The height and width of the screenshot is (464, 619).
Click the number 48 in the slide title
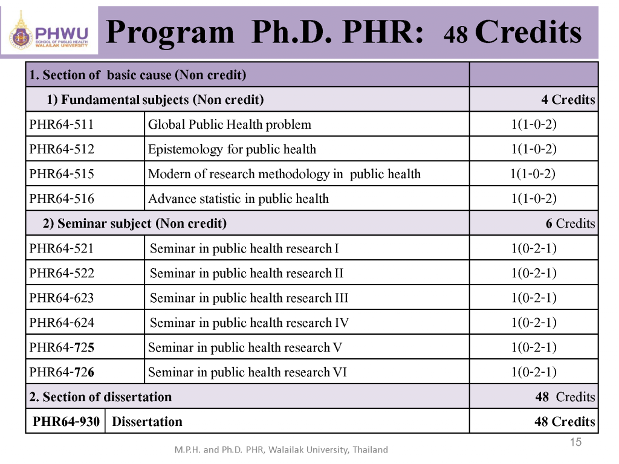(456, 36)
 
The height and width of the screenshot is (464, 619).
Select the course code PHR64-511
(61, 125)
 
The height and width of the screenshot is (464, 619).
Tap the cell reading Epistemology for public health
(232, 149)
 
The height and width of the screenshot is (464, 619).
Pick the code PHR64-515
(61, 175)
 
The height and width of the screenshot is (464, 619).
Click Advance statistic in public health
(239, 199)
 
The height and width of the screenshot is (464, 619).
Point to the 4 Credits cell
(568, 100)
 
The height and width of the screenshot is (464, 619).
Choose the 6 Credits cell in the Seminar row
(570, 224)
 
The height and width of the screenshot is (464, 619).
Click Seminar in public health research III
(249, 298)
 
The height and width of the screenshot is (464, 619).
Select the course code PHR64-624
(61, 323)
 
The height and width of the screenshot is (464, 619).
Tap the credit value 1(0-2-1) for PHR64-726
(534, 372)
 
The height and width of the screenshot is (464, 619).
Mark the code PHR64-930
(66, 422)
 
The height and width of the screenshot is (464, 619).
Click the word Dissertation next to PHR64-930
(147, 422)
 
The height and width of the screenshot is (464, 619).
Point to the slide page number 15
(575, 443)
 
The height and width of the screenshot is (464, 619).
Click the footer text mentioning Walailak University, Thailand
(281, 449)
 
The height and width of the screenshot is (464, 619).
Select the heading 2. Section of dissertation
(101, 397)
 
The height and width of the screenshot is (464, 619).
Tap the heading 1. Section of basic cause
(138, 76)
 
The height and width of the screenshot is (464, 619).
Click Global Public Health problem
(230, 125)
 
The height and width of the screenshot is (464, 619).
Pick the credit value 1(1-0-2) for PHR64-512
(534, 149)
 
